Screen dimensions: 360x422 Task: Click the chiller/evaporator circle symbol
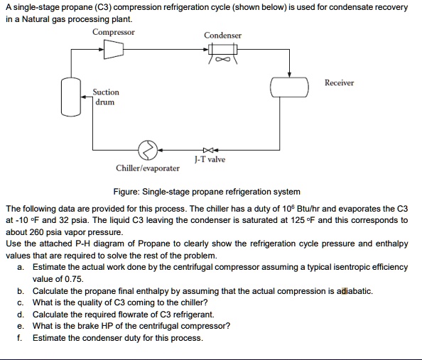tap(148, 150)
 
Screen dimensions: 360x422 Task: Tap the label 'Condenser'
tap(222, 35)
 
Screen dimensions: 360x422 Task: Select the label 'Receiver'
tap(339, 83)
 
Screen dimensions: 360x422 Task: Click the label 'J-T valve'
tap(210, 160)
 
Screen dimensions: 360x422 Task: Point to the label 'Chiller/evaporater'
tap(148, 169)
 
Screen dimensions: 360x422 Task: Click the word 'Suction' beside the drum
tap(106, 92)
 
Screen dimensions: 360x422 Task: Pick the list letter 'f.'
tap(21, 337)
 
